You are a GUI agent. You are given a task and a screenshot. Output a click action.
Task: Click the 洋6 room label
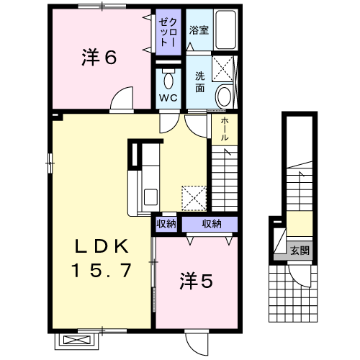pos(99,57)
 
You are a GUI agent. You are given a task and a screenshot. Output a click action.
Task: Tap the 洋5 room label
pos(197,281)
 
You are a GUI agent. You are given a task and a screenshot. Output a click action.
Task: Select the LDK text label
pos(102,246)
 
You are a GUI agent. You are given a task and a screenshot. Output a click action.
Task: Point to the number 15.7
pos(102,270)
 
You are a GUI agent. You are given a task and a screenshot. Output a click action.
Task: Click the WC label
pos(168,98)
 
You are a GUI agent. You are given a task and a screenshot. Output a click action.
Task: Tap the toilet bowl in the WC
pos(168,81)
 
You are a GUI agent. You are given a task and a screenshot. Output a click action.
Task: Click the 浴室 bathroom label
pos(199,30)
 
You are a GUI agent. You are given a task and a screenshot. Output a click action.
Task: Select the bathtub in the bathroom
pos(225,30)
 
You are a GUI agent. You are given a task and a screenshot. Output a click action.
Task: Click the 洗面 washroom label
pos(199,82)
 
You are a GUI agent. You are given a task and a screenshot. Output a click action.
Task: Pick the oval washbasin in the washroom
pos(224,96)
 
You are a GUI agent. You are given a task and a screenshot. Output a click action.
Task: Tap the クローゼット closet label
pos(168,32)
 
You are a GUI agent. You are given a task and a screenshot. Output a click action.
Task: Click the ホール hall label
pos(225,129)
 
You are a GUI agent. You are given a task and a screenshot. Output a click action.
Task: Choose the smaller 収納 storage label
pos(166,224)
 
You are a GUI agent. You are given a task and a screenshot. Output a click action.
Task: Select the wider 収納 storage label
pos(212,224)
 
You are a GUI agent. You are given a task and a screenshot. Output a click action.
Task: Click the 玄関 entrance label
pos(300,251)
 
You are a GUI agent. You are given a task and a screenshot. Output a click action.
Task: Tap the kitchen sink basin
pos(150,197)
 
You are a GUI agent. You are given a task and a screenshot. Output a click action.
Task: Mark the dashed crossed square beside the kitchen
pos(194,199)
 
